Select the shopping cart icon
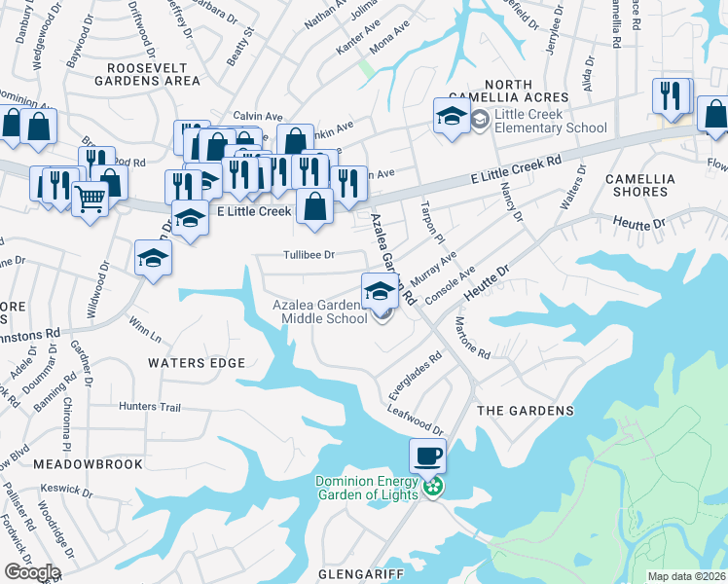click(x=90, y=199)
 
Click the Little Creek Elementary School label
click(x=551, y=121)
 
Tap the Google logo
click(x=32, y=572)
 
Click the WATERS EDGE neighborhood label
click(x=196, y=362)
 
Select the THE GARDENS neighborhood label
click(x=526, y=411)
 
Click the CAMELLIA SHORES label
click(x=651, y=185)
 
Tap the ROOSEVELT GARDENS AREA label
click(x=153, y=74)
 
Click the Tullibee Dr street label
click(x=309, y=255)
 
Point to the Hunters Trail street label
click(x=150, y=406)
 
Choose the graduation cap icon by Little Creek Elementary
click(x=452, y=116)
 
